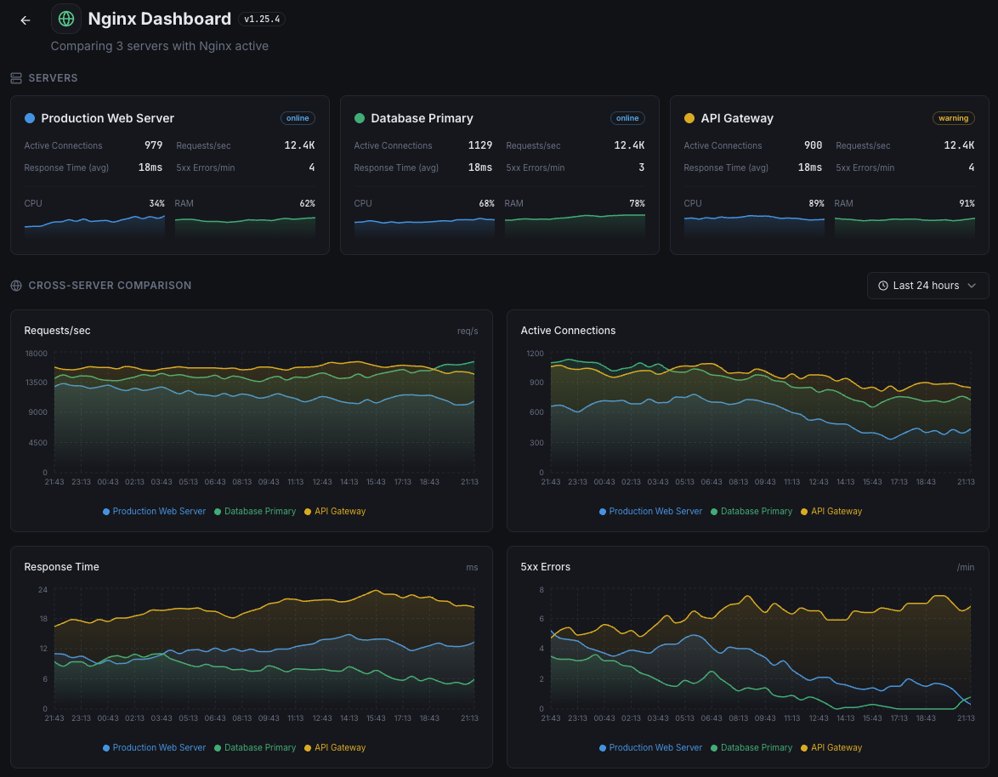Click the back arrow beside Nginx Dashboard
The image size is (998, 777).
pos(26,20)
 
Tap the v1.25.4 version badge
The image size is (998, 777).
pos(261,20)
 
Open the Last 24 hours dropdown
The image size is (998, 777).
pos(927,286)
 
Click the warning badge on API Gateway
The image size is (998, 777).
pos(953,118)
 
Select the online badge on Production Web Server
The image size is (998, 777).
pos(298,118)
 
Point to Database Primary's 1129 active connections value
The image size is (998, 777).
pos(479,145)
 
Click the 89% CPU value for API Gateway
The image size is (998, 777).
pos(814,203)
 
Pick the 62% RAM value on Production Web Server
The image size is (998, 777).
pos(306,203)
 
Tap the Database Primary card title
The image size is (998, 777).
pos(422,118)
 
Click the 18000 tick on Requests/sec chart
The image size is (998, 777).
pos(36,353)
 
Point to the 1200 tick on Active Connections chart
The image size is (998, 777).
pos(534,353)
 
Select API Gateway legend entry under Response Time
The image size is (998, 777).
pos(339,748)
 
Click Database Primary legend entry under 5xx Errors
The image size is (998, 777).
pos(756,748)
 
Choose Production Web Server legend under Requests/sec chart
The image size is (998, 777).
pos(158,512)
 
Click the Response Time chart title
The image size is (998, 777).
pos(61,567)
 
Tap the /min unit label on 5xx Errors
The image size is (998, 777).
pos(965,567)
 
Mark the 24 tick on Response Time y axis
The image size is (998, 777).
pos(42,589)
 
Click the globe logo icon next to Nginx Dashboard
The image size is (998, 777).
pos(66,19)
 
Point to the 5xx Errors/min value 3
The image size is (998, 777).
pos(641,167)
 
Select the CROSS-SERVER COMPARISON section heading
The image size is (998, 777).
pos(110,286)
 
